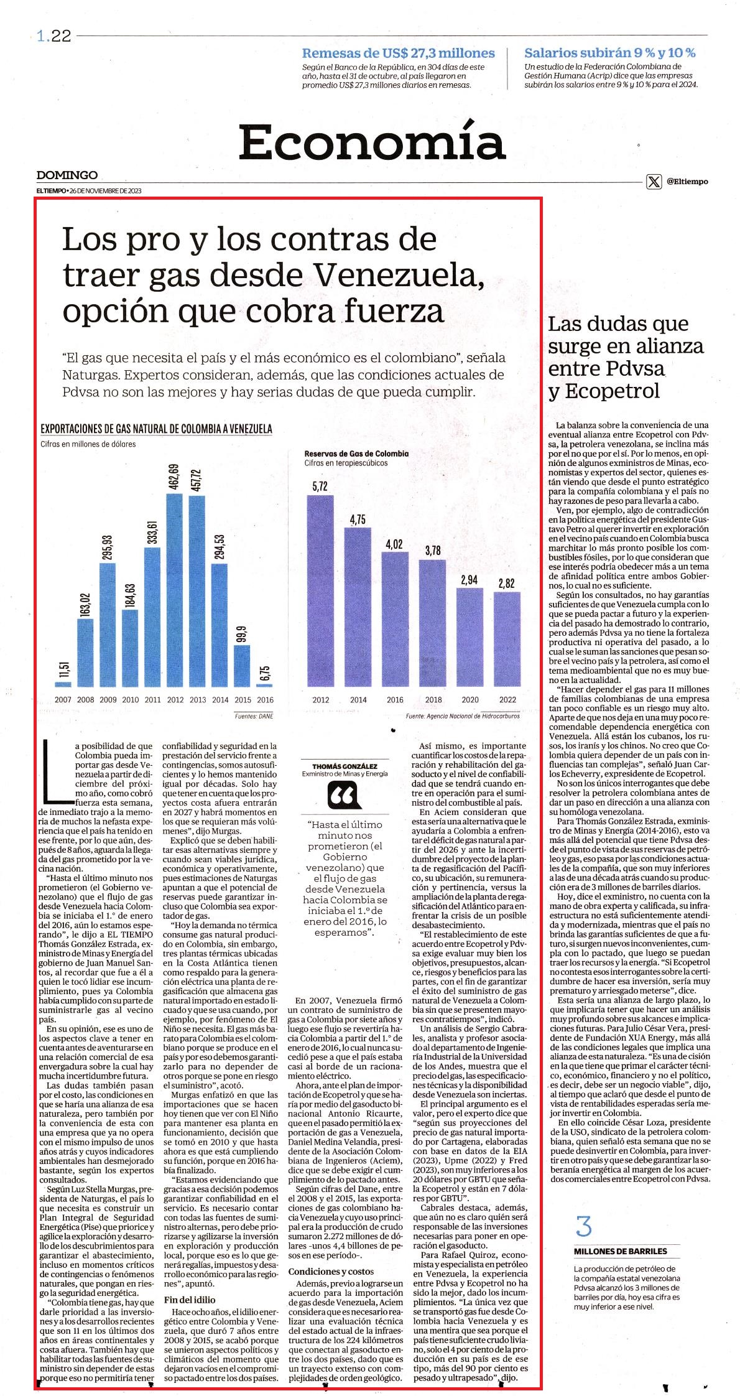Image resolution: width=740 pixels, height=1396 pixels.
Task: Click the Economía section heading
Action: (371, 142)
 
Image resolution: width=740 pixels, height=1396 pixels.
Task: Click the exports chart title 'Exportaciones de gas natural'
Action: (156, 429)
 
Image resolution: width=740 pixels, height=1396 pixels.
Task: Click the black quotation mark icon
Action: (345, 795)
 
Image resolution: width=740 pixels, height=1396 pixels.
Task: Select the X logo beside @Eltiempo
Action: (654, 182)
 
